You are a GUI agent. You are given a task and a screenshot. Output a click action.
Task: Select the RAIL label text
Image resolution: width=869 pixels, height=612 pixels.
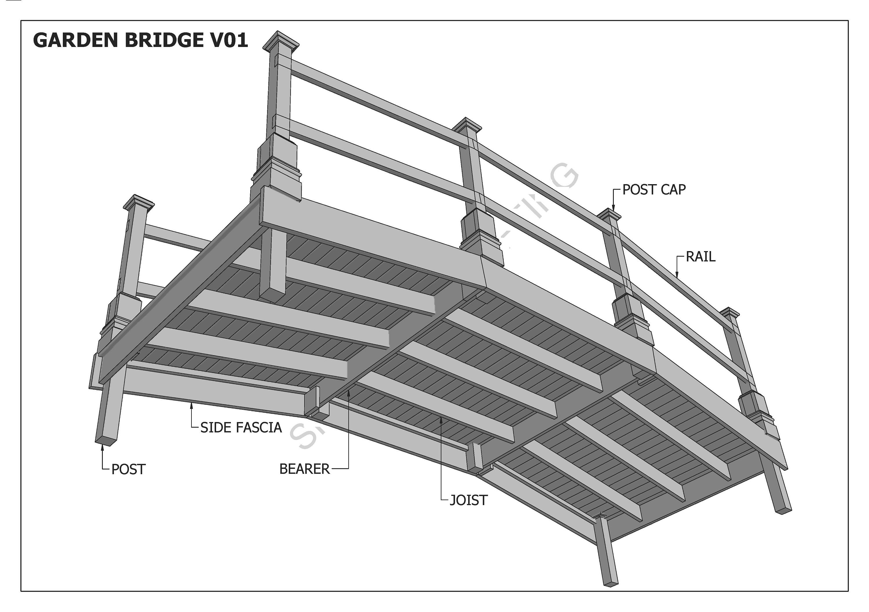[701, 257]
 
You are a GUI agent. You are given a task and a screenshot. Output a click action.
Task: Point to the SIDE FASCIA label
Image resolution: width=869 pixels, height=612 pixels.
[241, 428]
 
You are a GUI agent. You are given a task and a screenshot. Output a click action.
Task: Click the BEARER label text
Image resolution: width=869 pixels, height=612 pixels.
[304, 469]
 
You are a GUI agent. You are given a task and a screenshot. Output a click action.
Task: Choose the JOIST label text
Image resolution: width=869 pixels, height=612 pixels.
[469, 500]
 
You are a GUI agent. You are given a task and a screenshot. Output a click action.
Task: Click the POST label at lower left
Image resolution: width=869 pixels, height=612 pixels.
[128, 470]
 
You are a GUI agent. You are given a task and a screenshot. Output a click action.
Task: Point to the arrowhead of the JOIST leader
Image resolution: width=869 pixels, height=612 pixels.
[441, 419]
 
